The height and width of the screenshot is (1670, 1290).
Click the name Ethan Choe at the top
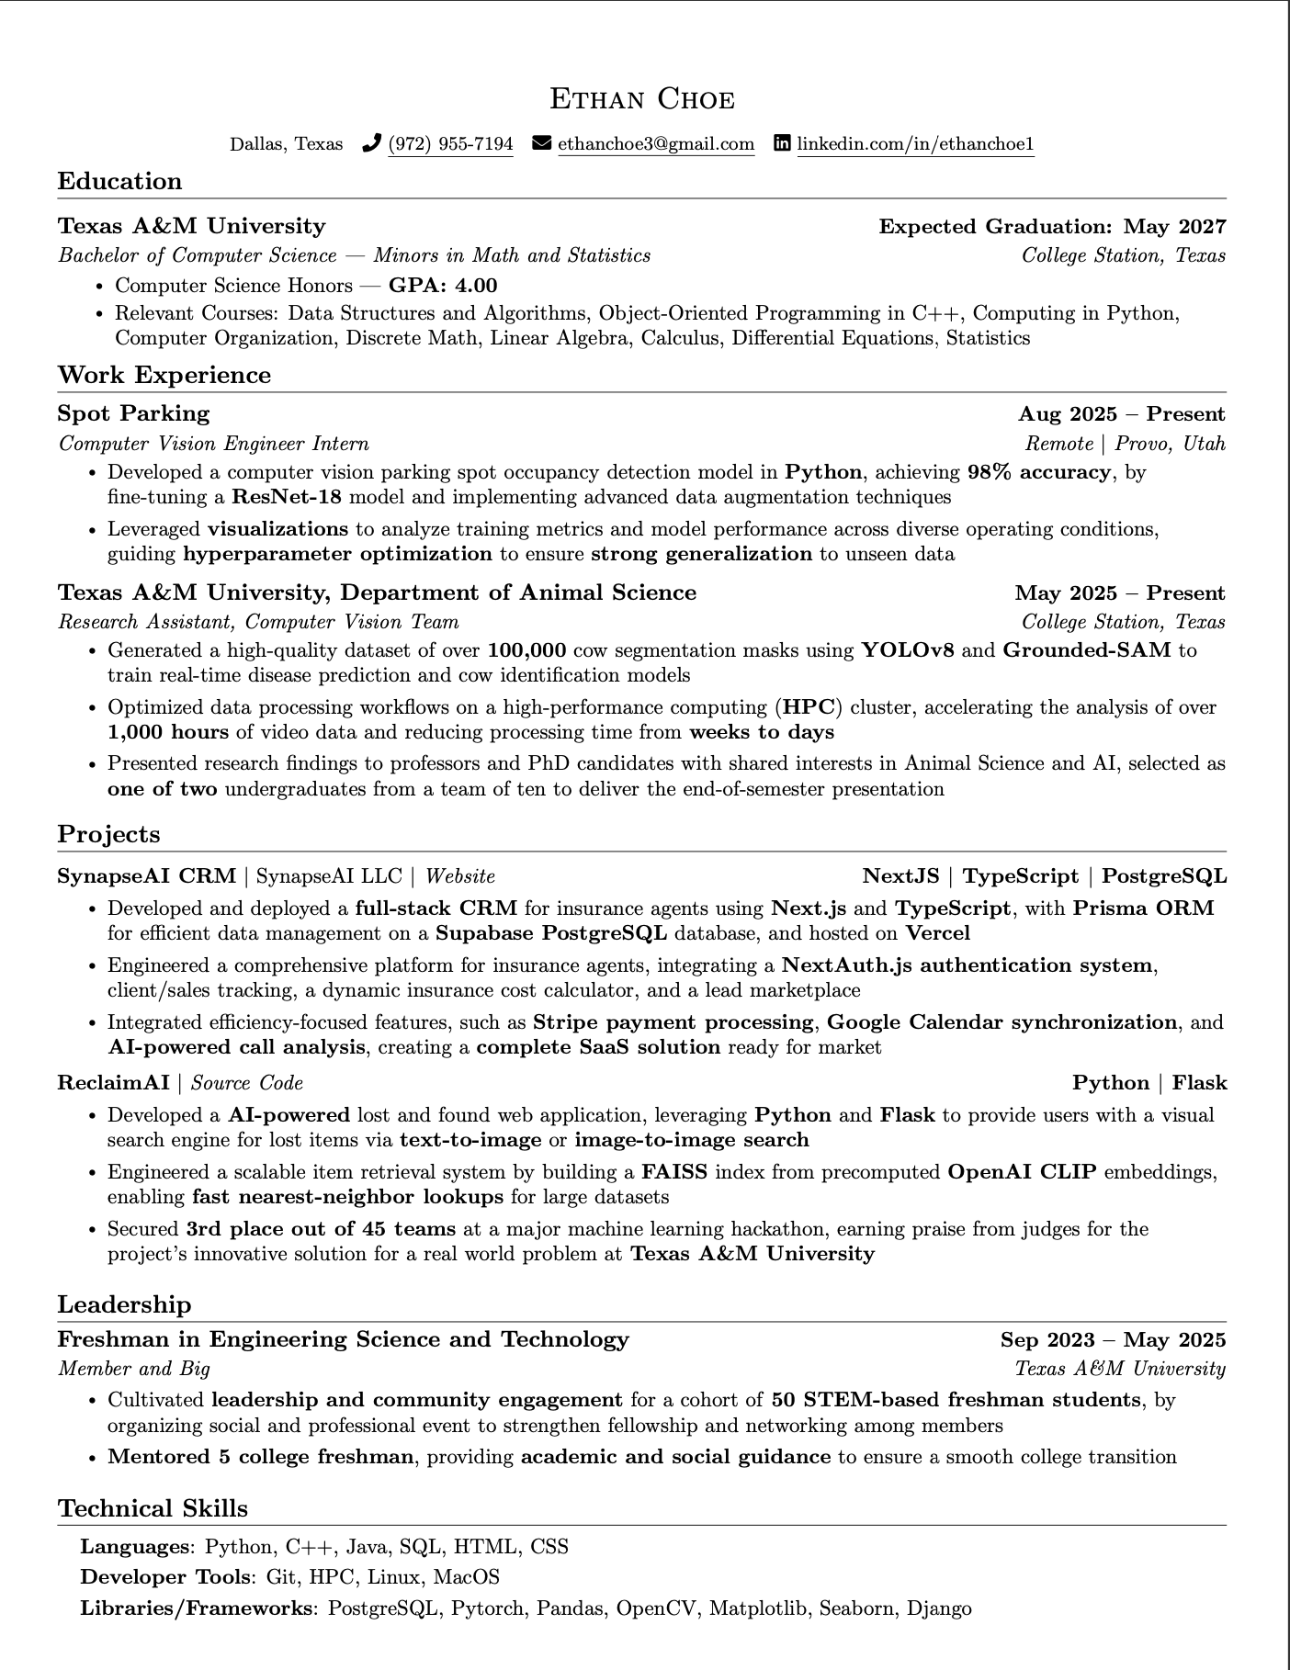[642, 98]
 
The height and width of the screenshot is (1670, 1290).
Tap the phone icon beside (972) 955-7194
[371, 143]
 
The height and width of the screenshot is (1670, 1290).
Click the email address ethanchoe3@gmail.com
[655, 144]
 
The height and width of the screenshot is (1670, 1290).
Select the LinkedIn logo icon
[782, 143]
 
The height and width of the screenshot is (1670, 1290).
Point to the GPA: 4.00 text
[443, 286]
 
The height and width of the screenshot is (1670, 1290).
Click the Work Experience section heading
[164, 375]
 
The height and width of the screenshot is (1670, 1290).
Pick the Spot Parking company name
[134, 413]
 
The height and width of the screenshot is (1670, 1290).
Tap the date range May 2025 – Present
[1119, 592]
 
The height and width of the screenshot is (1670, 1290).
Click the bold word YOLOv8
[907, 650]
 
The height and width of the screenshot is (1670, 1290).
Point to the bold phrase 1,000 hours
[168, 732]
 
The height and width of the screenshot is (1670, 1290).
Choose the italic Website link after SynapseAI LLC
[460, 876]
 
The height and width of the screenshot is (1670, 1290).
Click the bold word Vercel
[937, 933]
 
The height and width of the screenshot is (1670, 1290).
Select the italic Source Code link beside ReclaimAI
[247, 1083]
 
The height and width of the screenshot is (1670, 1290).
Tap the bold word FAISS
[674, 1172]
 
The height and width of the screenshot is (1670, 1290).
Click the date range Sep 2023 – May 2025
[1112, 1340]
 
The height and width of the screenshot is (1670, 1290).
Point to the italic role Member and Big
[134, 1369]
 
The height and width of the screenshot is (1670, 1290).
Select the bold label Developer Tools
[165, 1577]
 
